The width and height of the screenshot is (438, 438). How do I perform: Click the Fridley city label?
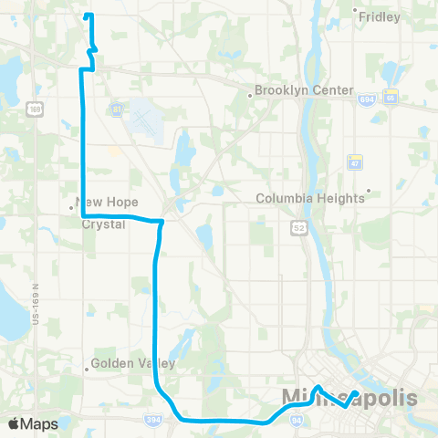click(x=380, y=16)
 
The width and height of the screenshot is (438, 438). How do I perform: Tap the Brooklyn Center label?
click(x=303, y=90)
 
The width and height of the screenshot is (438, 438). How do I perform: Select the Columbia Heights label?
click(x=309, y=198)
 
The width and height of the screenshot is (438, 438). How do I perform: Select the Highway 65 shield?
click(x=391, y=99)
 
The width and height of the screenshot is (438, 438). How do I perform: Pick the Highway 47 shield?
click(x=356, y=162)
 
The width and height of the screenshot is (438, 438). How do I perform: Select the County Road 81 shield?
click(x=117, y=110)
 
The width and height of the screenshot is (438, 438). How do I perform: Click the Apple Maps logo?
click(x=32, y=423)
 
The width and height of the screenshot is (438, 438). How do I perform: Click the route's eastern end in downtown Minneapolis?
click(x=355, y=393)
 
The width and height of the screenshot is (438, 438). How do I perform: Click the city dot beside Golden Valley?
click(x=88, y=370)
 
